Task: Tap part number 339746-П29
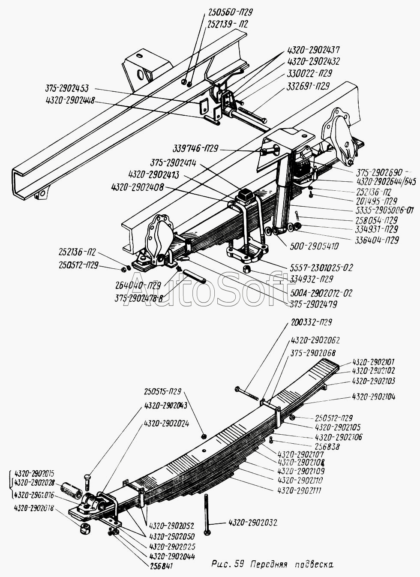[195, 148]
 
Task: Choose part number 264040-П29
[138, 285]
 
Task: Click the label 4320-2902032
[252, 523]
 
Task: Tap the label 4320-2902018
[34, 508]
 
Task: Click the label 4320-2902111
[300, 490]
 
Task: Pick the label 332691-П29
[308, 86]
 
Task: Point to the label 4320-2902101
[373, 362]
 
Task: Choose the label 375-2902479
[312, 304]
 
